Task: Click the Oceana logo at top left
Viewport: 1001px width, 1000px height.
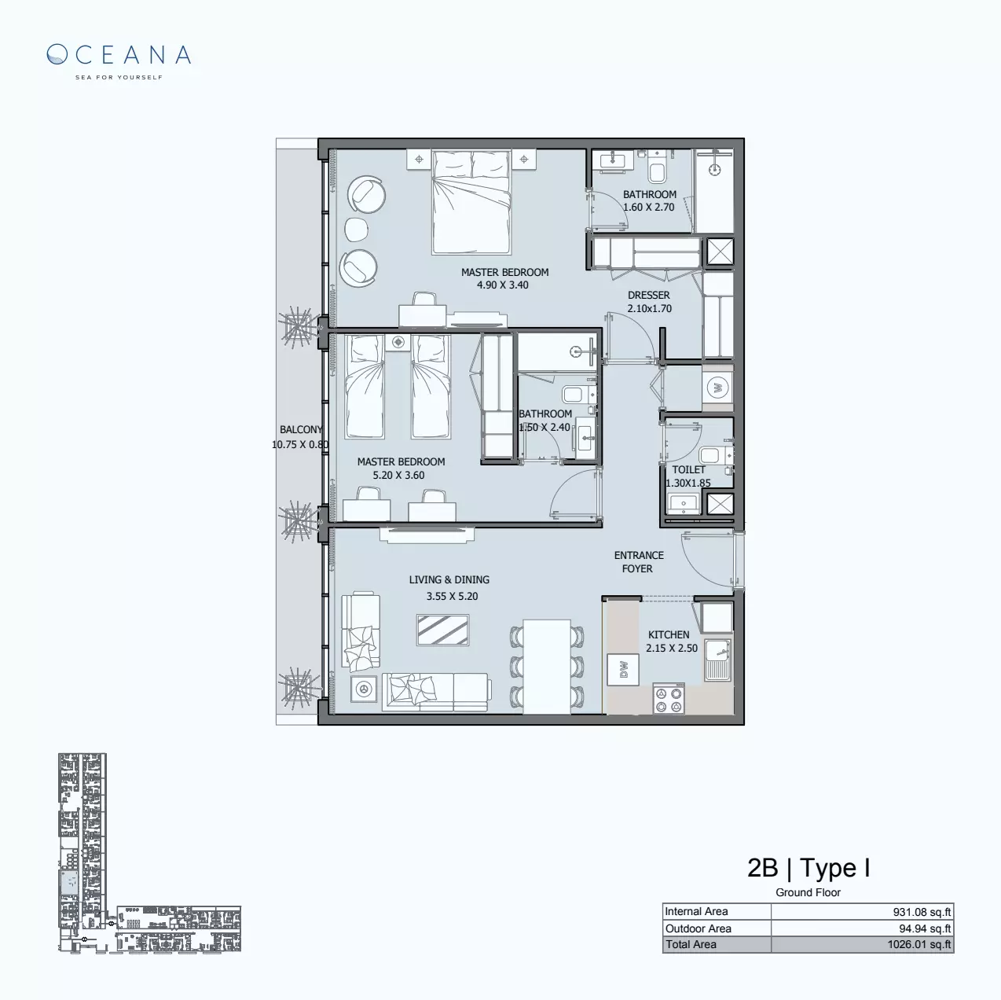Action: (119, 60)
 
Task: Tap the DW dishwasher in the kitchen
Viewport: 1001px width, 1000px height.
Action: (624, 669)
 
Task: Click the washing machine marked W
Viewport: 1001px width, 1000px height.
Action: (717, 387)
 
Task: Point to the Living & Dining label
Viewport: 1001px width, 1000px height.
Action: (449, 580)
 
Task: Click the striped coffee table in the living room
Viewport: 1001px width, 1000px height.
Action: (443, 630)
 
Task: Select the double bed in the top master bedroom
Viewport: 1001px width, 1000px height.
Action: (471, 202)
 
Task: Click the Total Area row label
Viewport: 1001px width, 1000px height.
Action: (691, 945)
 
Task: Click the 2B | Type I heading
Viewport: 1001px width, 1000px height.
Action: (808, 868)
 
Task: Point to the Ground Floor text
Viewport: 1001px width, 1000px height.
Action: (808, 892)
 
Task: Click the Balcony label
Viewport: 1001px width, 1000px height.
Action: (301, 430)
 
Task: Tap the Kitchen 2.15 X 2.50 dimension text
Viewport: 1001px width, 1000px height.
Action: (672, 649)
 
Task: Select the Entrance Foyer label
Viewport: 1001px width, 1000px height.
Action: (639, 561)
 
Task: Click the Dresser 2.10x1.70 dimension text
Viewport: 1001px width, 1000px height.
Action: (649, 309)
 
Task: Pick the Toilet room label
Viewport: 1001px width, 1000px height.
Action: (688, 469)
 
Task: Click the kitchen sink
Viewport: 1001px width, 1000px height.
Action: (718, 659)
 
